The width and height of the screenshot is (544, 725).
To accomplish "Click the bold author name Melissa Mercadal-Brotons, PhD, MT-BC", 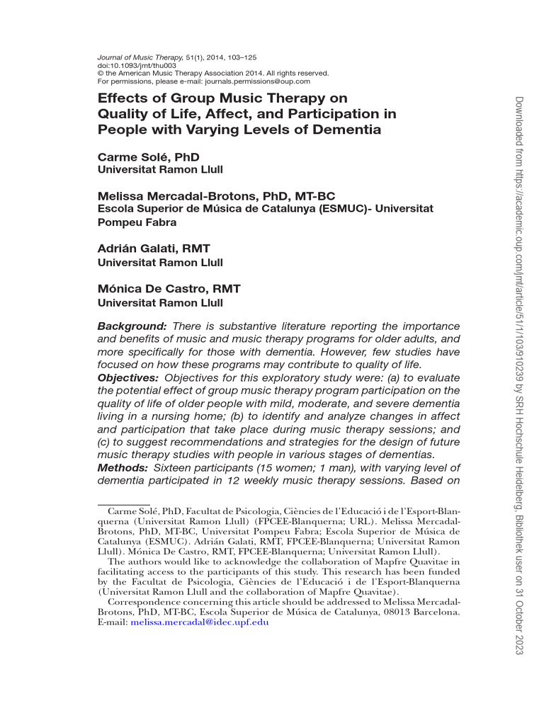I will click(x=215, y=196).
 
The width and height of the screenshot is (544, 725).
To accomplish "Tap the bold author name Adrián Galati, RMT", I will click(x=153, y=249).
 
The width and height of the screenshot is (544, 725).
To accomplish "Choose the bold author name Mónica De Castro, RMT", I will click(x=169, y=289).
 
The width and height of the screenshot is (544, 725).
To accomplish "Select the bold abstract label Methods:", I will click(x=122, y=468).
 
